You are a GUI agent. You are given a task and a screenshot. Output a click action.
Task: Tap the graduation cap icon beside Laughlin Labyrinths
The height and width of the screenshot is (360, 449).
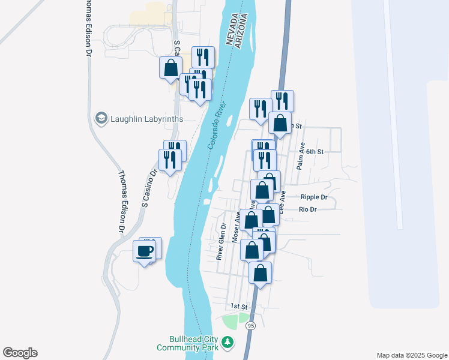tap(101, 118)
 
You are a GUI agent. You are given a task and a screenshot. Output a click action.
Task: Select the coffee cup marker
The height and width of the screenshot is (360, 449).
tap(144, 251)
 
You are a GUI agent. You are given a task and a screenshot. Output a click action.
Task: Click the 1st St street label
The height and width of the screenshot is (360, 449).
tap(239, 306)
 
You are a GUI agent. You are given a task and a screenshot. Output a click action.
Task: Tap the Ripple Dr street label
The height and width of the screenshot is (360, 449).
tap(314, 197)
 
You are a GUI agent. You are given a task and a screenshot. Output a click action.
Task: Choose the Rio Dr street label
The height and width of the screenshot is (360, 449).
tap(307, 209)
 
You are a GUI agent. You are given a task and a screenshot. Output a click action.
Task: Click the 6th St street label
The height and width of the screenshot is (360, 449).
tap(315, 152)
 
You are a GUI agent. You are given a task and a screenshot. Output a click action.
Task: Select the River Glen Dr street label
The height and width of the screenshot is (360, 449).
tap(220, 242)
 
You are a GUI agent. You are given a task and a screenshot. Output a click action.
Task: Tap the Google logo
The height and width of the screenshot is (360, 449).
tap(20, 353)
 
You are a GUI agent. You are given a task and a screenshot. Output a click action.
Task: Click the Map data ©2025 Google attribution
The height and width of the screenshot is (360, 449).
tap(411, 355)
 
